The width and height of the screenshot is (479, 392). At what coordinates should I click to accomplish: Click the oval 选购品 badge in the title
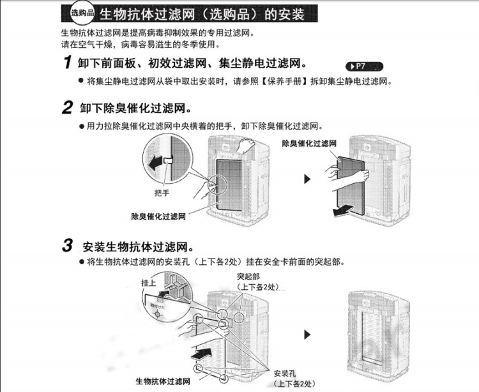point(81,14)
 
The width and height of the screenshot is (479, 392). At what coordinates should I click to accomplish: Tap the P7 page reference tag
point(362,66)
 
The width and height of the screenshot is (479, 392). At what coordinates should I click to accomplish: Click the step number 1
point(67,63)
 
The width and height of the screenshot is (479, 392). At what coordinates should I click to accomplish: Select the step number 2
point(67,109)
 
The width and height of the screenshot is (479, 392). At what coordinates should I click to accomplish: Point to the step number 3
point(67,246)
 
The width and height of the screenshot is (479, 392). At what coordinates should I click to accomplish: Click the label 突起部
point(248,276)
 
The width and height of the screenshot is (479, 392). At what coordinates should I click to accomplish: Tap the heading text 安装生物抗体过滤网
point(139,246)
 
